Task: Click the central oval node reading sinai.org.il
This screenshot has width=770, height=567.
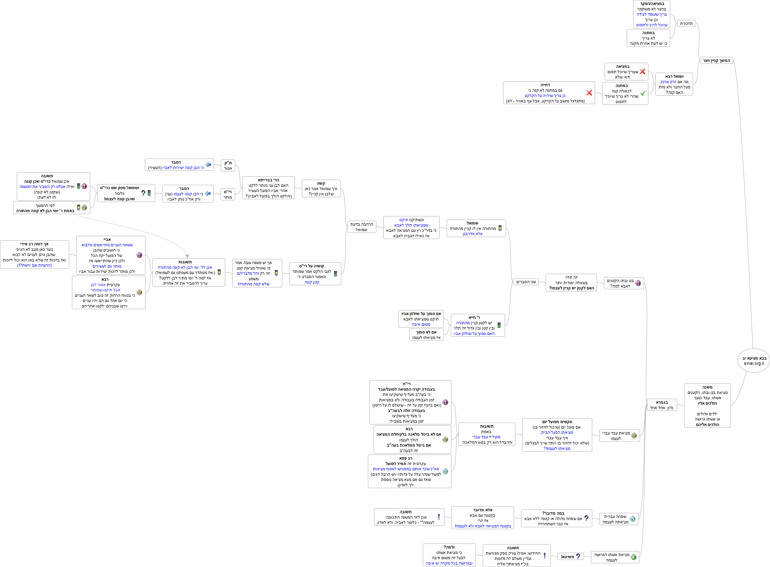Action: pyautogui.click(x=754, y=361)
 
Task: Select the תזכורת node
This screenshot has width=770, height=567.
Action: pyautogui.click(x=686, y=23)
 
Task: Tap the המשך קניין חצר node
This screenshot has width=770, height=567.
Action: pyautogui.click(x=716, y=61)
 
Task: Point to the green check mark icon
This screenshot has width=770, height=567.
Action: pyautogui.click(x=642, y=93)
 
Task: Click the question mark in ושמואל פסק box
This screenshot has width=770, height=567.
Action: pyautogui.click(x=143, y=193)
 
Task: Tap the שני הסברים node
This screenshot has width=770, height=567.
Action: pyautogui.click(x=526, y=282)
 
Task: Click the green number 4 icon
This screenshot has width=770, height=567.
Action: pyautogui.click(x=633, y=557)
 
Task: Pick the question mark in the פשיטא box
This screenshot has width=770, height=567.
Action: pyautogui.click(x=578, y=556)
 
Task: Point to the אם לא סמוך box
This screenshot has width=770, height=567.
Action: pyautogui.click(x=426, y=335)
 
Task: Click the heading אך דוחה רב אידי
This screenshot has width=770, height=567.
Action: pyautogui.click(x=34, y=244)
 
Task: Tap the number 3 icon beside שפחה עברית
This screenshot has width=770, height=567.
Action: pyautogui.click(x=632, y=519)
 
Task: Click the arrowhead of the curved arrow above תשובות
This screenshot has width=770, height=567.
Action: pyautogui.click(x=187, y=256)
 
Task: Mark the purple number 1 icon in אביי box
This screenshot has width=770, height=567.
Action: pyautogui.click(x=139, y=255)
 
